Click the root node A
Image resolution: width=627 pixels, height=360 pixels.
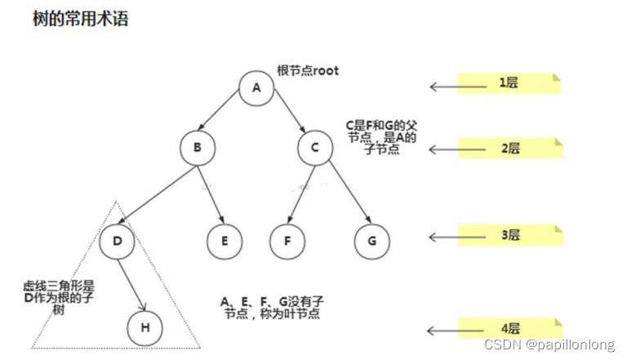pyautogui.click(x=256, y=88)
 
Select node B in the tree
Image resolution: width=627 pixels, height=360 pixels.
pyautogui.click(x=197, y=149)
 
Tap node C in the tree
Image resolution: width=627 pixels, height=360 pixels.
pyautogui.click(x=315, y=149)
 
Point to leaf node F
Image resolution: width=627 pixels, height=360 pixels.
pyautogui.click(x=288, y=242)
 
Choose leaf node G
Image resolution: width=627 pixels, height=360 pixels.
pyautogui.click(x=372, y=242)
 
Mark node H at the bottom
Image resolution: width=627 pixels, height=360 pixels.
pyautogui.click(x=145, y=328)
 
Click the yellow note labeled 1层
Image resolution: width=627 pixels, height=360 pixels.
pyautogui.click(x=509, y=84)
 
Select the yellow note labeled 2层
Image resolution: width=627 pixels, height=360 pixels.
pyautogui.click(x=509, y=148)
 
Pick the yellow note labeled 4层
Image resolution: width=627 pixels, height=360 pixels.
pyautogui.click(x=509, y=329)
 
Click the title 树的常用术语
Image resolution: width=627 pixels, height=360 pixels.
pyautogui.click(x=69, y=19)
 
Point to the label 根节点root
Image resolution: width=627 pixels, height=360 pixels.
pyautogui.click(x=307, y=71)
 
